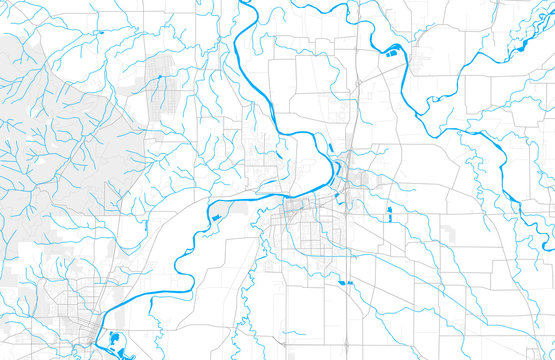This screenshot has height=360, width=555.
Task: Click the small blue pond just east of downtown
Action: pyautogui.click(x=389, y=212)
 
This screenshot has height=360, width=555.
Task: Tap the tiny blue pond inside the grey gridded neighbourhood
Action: pyautogui.click(x=159, y=76)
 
